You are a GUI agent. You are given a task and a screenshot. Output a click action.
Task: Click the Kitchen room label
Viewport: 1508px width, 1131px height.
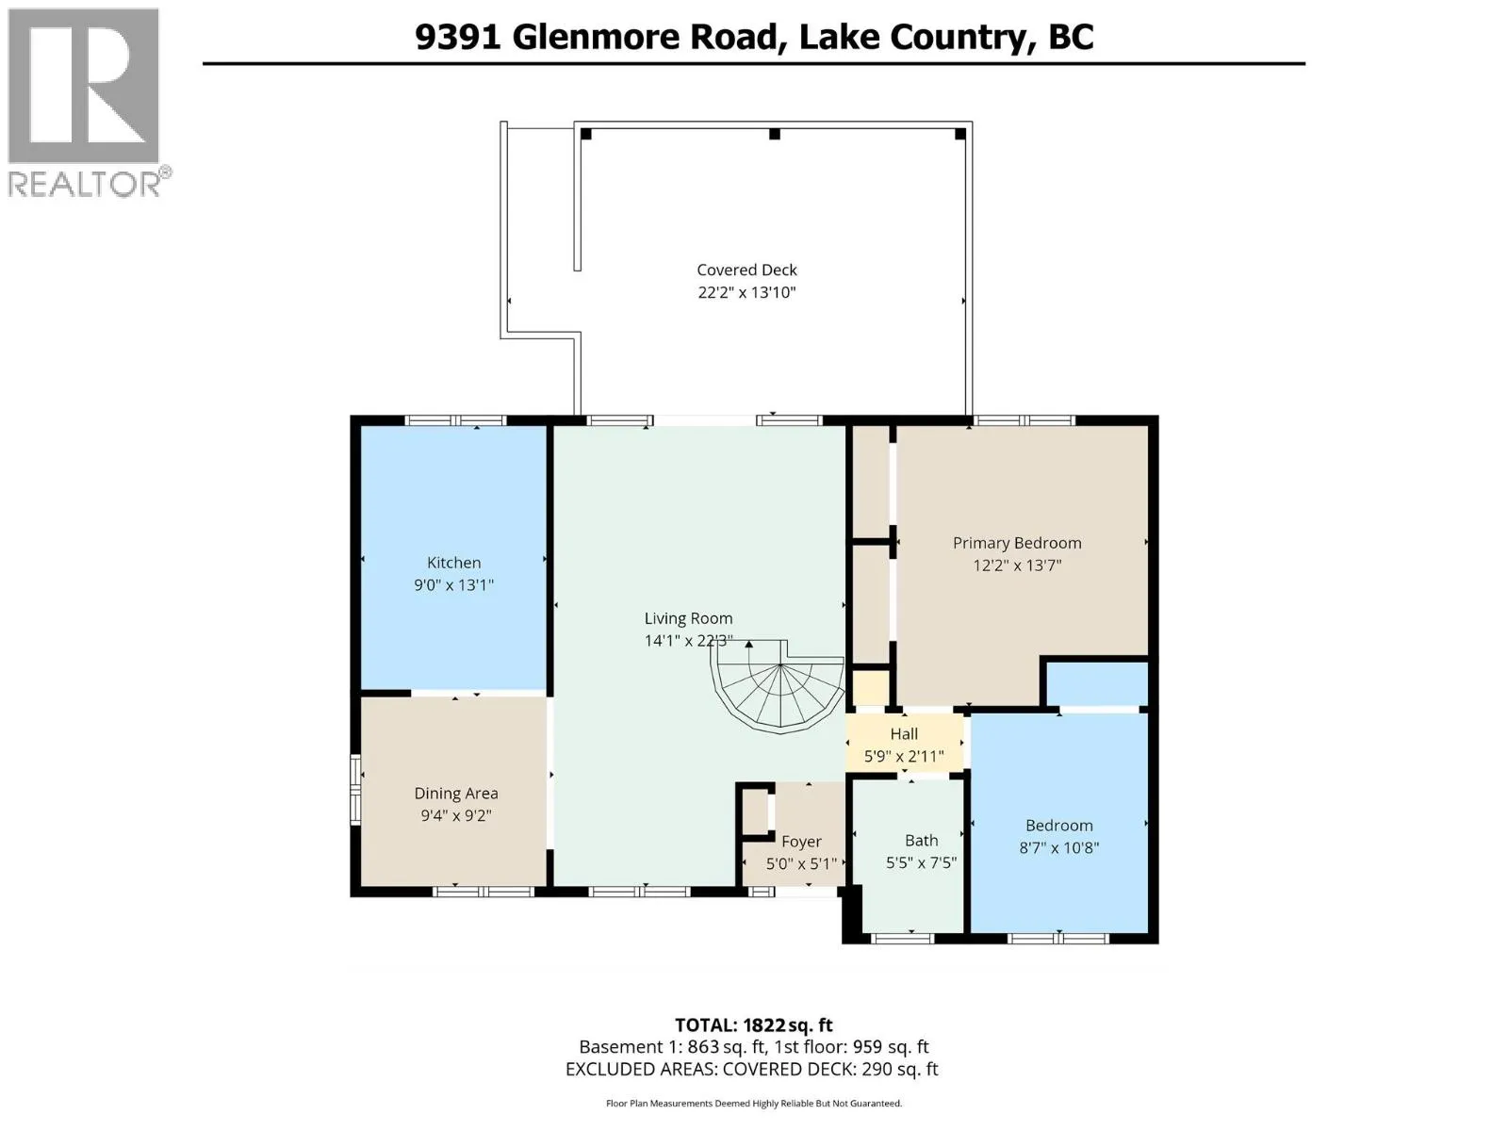[x=453, y=563]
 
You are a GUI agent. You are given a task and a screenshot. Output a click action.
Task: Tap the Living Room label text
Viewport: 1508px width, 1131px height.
[x=688, y=618]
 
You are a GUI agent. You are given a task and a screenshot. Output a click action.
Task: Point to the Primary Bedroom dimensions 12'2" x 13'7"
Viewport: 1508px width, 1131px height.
[x=1017, y=565]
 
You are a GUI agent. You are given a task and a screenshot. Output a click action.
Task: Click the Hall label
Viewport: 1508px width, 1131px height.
[x=904, y=733]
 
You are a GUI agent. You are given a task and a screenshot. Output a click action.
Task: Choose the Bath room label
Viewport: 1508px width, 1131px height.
[x=921, y=840]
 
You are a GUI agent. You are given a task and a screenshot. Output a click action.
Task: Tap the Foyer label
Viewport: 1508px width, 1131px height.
[x=801, y=842]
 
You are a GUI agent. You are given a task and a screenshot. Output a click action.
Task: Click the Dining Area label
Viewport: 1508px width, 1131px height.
[x=455, y=794]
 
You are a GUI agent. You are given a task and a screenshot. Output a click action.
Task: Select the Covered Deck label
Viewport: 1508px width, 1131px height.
[x=746, y=270]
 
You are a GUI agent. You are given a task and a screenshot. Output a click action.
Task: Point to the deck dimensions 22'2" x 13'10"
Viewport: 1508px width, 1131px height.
[x=746, y=292]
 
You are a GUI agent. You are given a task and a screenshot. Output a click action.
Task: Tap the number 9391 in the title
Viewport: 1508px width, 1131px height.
[x=457, y=37]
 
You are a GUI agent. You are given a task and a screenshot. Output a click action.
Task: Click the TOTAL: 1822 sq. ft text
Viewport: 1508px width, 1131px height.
[x=753, y=1025]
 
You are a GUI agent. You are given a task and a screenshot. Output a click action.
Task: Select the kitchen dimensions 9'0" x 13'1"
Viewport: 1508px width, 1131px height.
[x=453, y=585]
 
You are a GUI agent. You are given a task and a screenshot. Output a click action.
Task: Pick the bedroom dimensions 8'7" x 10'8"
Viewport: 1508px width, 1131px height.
[x=1058, y=847]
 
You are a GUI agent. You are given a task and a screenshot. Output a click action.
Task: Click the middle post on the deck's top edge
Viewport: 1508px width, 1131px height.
[x=775, y=134]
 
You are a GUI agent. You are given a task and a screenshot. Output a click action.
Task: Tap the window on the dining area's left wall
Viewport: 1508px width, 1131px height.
[x=355, y=789]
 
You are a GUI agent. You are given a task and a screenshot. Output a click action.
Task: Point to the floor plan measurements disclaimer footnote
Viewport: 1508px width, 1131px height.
[x=753, y=1104]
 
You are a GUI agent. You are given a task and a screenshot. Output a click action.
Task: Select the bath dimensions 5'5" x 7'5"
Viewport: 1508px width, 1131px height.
[x=921, y=862]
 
